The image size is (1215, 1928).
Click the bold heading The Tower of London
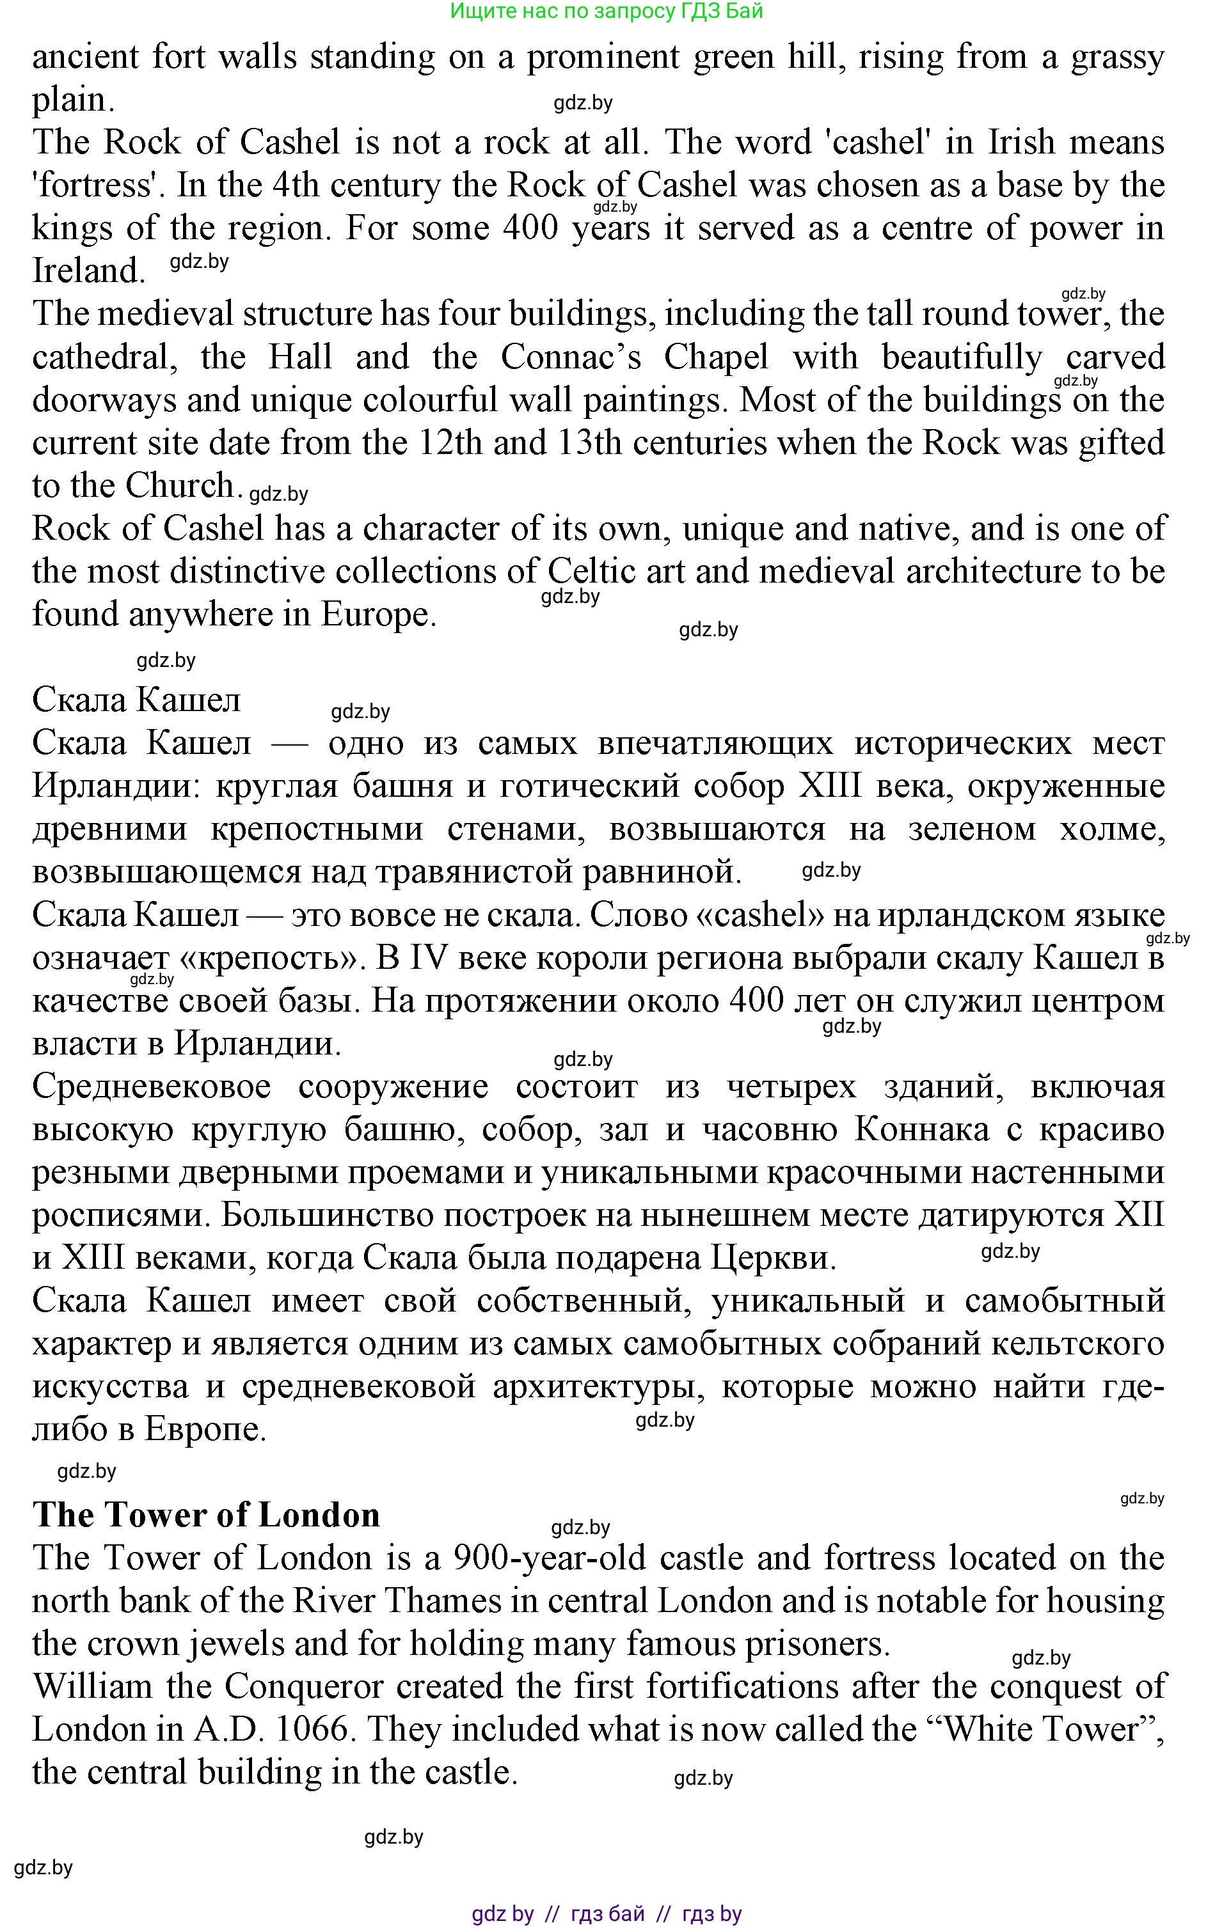pos(206,1515)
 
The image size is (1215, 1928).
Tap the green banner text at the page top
pos(607,12)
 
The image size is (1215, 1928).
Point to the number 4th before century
pos(294,185)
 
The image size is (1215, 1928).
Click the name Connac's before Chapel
pos(570,357)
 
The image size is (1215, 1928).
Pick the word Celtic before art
pos(591,572)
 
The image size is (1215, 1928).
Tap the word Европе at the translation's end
pos(204,1429)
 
